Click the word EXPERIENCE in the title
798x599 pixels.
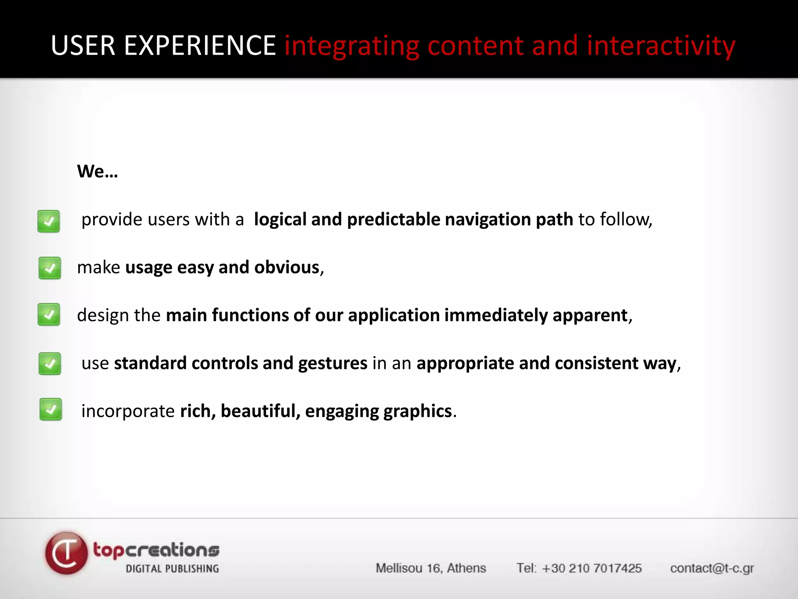point(200,46)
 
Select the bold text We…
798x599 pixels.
point(97,171)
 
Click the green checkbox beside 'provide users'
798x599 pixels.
point(49,221)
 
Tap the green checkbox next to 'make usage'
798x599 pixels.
point(49,268)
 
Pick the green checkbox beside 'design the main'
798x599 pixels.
point(49,314)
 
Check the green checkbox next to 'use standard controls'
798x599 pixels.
point(49,363)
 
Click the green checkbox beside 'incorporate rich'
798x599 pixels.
point(51,409)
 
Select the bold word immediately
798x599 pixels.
point(496,315)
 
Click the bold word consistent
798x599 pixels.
point(596,363)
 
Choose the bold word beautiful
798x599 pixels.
point(260,411)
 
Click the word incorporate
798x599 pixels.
point(128,411)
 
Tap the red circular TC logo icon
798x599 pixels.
point(66,553)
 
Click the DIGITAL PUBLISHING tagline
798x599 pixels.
point(172,569)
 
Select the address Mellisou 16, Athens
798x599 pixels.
point(431,568)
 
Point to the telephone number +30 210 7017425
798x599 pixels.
point(591,568)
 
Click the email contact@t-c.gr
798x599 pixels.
point(712,568)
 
